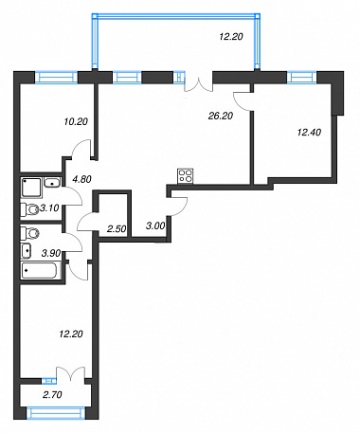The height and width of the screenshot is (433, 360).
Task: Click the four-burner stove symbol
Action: [186, 176]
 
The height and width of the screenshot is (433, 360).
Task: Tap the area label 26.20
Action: [221, 116]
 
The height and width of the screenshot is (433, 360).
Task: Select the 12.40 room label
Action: [309, 132]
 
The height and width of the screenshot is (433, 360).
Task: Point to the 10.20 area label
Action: [76, 121]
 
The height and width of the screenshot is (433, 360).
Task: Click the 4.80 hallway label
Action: [81, 179]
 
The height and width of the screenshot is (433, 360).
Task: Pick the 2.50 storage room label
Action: [117, 228]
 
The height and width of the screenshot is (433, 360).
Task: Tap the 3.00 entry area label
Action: [155, 226]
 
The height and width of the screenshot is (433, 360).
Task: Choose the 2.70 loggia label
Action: [52, 394]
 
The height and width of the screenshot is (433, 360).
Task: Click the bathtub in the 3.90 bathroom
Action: [39, 271]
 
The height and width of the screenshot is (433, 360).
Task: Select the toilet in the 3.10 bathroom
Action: [29, 209]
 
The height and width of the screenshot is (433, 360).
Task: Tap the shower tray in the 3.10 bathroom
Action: [31, 188]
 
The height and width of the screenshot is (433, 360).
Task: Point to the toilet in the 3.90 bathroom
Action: [29, 234]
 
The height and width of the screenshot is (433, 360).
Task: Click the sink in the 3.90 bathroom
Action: [27, 251]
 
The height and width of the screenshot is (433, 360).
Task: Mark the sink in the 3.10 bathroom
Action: [52, 182]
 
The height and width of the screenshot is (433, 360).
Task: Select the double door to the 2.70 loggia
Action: [71, 372]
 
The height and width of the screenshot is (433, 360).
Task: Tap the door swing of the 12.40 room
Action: [243, 101]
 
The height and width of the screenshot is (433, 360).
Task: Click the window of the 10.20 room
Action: [56, 78]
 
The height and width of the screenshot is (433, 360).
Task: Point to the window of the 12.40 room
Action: [301, 77]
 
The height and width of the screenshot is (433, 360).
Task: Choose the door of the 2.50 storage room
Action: [86, 221]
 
